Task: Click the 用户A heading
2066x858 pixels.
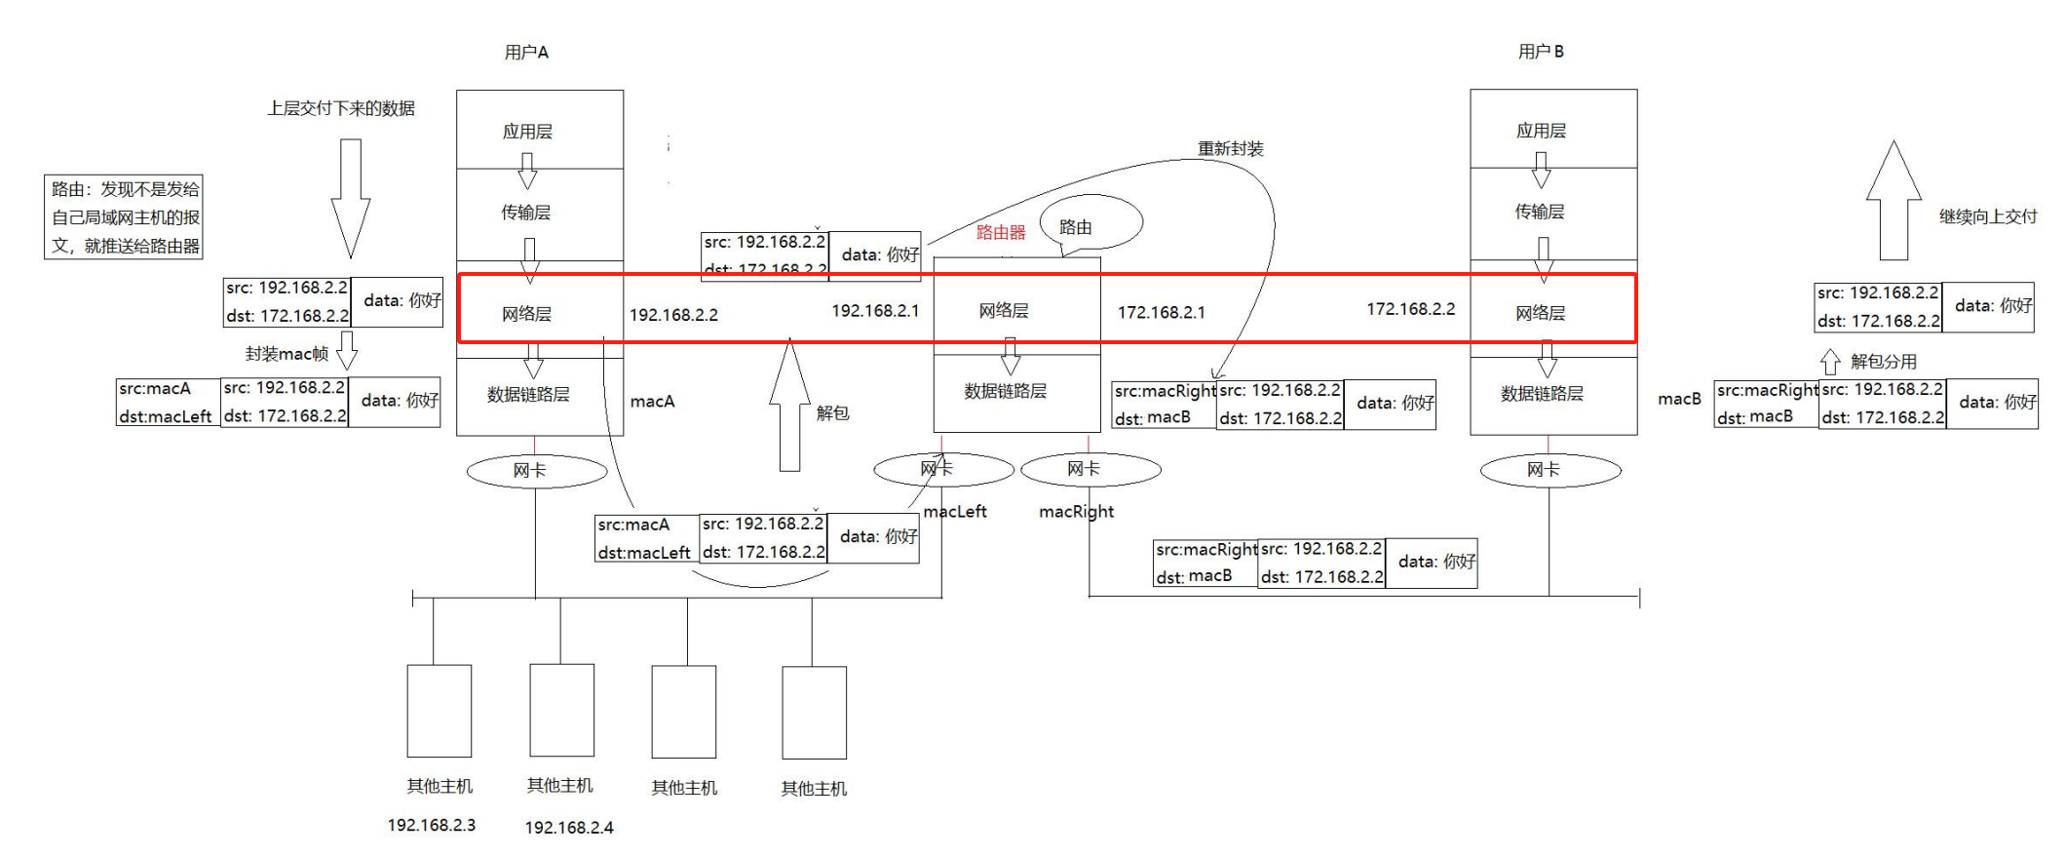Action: click(x=526, y=53)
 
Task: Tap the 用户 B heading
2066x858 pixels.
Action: click(x=1541, y=52)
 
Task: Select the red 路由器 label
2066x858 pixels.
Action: click(x=1001, y=232)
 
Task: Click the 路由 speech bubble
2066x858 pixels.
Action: click(x=1090, y=223)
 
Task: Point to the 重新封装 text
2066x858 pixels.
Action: click(x=1230, y=149)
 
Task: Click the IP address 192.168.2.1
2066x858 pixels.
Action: click(x=874, y=311)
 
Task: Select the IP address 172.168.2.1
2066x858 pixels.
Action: click(x=1161, y=313)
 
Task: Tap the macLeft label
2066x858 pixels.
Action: click(x=955, y=512)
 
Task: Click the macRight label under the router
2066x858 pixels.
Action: click(x=1076, y=512)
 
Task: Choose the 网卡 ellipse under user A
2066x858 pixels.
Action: click(x=536, y=471)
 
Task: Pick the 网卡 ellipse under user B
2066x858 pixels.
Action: click(x=1549, y=471)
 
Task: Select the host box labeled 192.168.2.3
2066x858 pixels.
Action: click(x=439, y=711)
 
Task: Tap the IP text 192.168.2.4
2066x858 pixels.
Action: click(x=569, y=828)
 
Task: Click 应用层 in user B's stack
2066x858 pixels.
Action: click(x=1541, y=131)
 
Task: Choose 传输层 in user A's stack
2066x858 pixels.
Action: click(x=526, y=213)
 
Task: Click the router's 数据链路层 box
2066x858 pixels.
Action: click(x=1006, y=392)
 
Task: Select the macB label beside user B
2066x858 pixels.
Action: click(x=1678, y=399)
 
